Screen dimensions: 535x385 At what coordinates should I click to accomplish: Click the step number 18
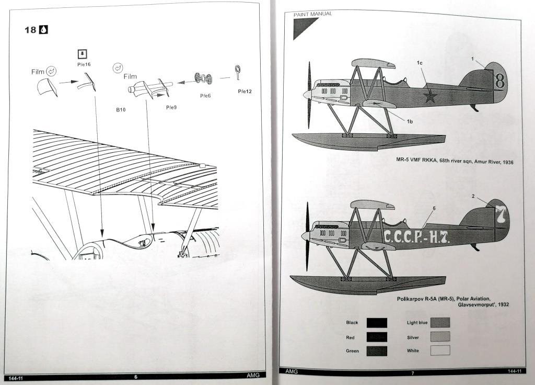coord(30,30)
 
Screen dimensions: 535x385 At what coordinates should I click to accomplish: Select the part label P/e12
coord(245,91)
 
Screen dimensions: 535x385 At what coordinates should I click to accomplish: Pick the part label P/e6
coord(206,96)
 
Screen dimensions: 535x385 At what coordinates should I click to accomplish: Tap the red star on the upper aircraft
coord(429,96)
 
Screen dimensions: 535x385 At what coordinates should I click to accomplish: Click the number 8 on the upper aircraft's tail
coord(500,81)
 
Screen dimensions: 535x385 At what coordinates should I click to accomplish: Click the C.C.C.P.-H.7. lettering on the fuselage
coord(416,236)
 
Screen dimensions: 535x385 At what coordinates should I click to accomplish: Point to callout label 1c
coord(419,63)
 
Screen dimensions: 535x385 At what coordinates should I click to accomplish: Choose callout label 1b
coord(410,121)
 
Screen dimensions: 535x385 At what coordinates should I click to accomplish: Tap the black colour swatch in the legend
coord(377,323)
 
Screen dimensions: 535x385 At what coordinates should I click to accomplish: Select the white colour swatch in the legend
coord(440,350)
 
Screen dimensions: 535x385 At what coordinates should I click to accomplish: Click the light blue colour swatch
coord(440,323)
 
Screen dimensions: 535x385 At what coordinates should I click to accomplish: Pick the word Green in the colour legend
coord(353,350)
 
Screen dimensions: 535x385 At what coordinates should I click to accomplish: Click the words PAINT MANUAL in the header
coord(313,14)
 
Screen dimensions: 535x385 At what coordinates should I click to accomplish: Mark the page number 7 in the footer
coord(412,373)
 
